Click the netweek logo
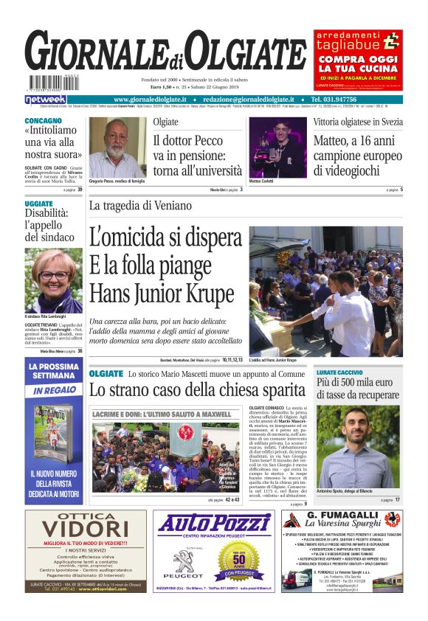(x=46, y=100)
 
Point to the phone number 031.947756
(x=356, y=100)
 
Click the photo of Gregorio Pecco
(x=117, y=147)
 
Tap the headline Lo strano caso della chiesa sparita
(x=196, y=390)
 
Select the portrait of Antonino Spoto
(x=358, y=448)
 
